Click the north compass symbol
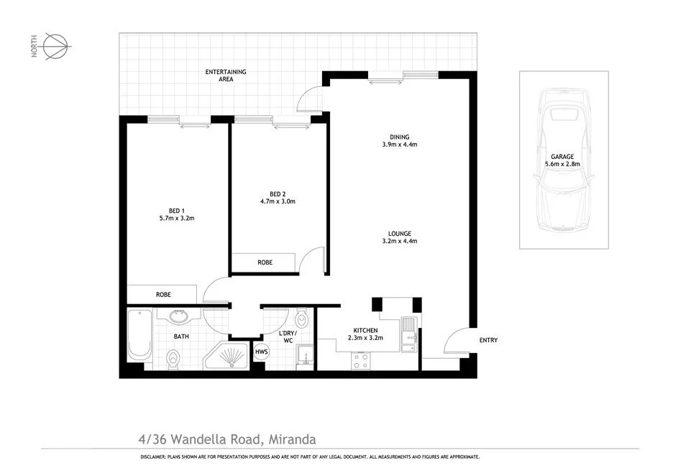coord(57,45)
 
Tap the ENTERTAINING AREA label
coord(226,75)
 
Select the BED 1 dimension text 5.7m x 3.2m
coord(177,217)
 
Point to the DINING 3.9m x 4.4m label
coord(400,140)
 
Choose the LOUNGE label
coord(400,233)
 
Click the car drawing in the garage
coord(564,159)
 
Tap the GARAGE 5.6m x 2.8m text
coord(562,160)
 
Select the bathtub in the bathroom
coord(139,334)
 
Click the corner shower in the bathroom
coord(228,355)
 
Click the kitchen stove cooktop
coord(360,361)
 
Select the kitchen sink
coord(408,333)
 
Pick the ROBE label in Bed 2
coord(265,263)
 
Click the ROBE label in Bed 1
coord(163,294)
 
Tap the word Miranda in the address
coord(293,438)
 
